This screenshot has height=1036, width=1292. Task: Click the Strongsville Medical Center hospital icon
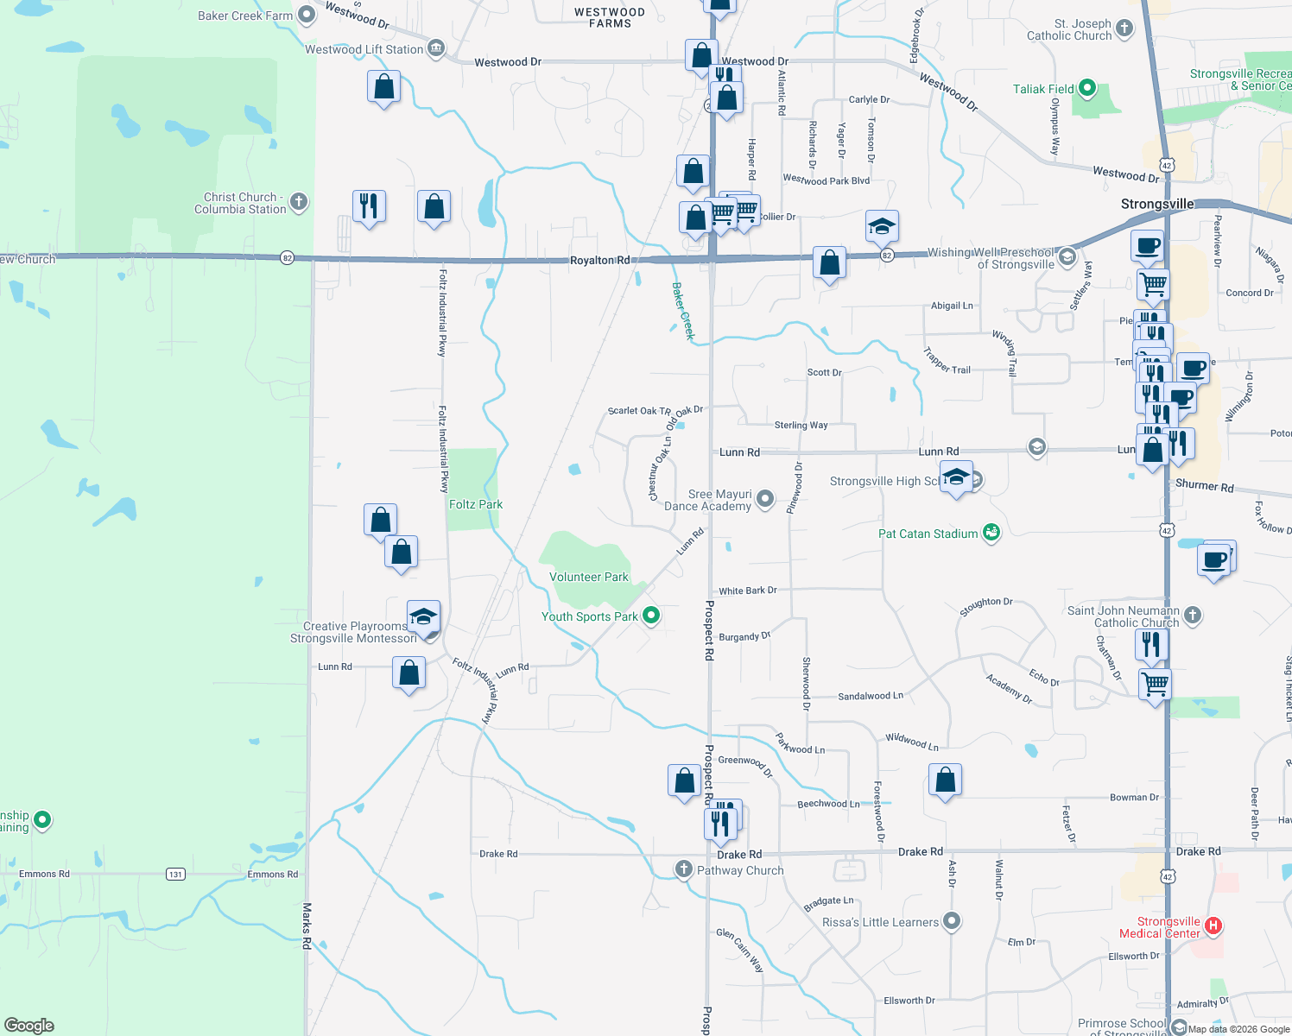click(1213, 926)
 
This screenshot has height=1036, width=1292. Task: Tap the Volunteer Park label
click(589, 577)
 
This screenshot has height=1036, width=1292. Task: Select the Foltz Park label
click(475, 504)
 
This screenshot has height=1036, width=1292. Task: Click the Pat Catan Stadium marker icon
click(991, 533)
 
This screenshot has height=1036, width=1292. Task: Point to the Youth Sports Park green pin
click(652, 616)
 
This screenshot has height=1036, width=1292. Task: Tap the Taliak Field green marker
click(1087, 88)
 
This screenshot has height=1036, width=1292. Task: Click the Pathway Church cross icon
click(684, 869)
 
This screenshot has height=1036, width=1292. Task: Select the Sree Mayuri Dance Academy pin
click(765, 498)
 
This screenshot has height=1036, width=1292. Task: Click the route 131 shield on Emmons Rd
click(175, 874)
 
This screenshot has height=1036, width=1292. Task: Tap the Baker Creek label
click(682, 311)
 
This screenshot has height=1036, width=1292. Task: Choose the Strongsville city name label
click(1157, 204)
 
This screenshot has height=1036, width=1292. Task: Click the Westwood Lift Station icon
click(436, 48)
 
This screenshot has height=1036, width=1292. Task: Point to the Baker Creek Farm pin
click(306, 15)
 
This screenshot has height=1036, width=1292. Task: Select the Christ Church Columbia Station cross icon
click(299, 202)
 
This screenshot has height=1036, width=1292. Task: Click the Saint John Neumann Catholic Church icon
click(1193, 615)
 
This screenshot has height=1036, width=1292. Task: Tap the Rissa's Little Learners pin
click(952, 921)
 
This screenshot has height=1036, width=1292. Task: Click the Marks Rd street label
click(307, 925)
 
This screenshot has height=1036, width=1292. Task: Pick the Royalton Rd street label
click(599, 260)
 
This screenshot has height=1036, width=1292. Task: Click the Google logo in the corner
click(29, 1025)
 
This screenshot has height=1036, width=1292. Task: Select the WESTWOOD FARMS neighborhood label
click(610, 18)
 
